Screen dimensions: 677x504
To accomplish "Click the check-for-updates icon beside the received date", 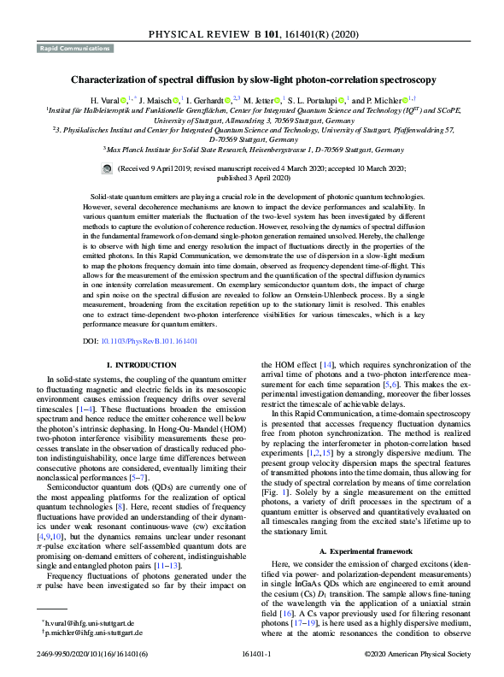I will coord(106,170).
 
